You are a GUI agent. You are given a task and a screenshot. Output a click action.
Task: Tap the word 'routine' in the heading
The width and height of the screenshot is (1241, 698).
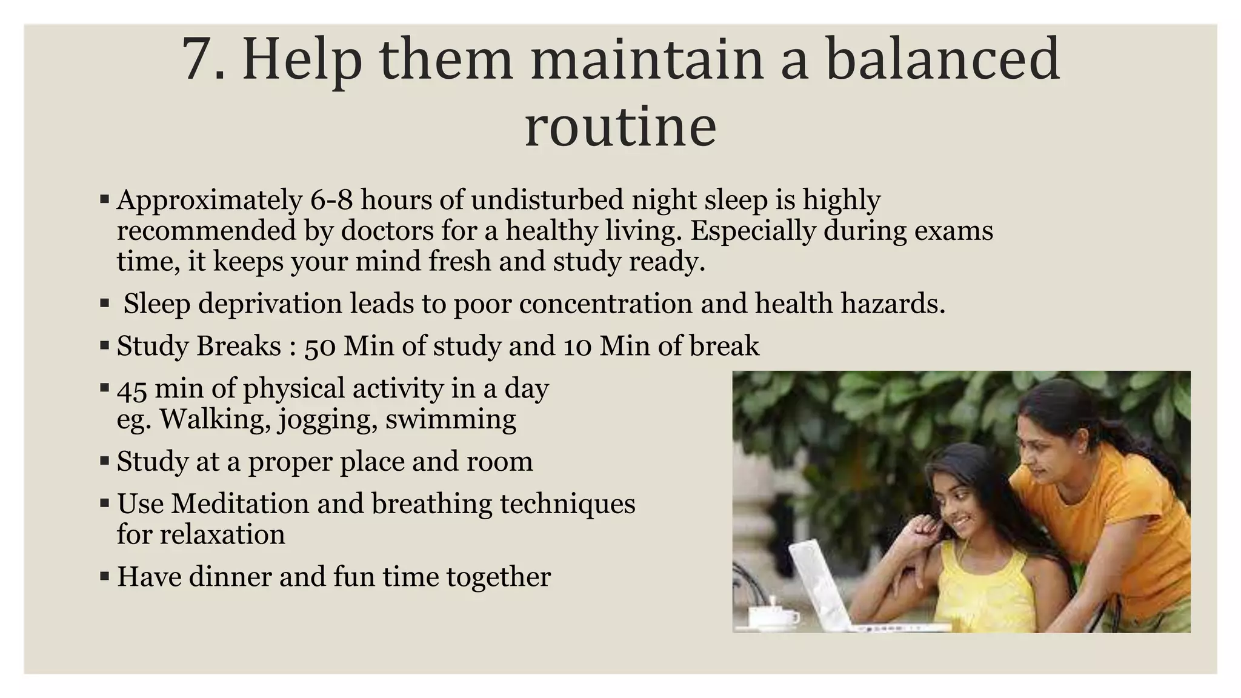click(620, 127)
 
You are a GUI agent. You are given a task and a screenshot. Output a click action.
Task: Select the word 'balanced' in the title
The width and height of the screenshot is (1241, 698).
click(942, 59)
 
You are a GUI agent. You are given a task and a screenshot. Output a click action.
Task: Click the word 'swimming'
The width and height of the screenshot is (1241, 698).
click(450, 419)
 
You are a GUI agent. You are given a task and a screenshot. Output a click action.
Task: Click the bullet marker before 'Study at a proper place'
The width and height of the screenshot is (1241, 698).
click(104, 462)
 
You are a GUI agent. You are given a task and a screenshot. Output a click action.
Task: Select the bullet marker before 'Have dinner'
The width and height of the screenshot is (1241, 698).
click(104, 577)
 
